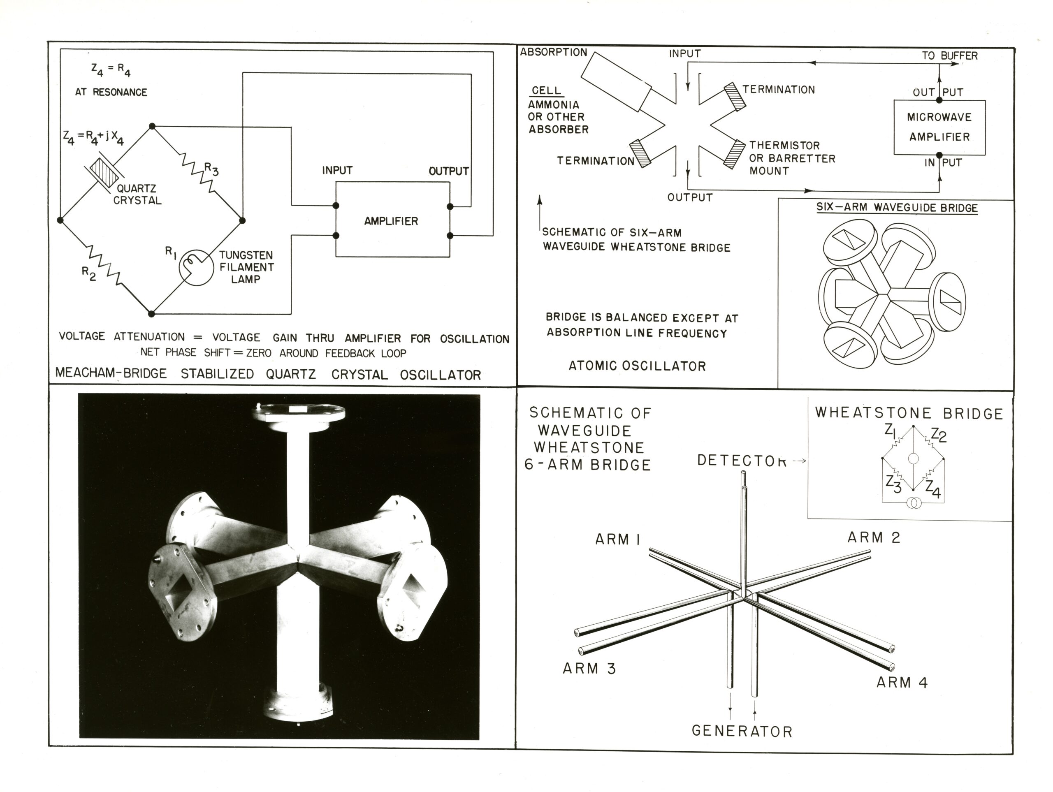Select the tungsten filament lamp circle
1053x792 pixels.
pyautogui.click(x=196, y=267)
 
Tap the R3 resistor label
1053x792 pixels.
pyautogui.click(x=211, y=169)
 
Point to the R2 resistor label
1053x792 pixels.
pyautogui.click(x=89, y=273)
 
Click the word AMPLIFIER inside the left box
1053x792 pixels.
pyautogui.click(x=391, y=221)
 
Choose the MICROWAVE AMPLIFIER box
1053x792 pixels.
pyautogui.click(x=939, y=127)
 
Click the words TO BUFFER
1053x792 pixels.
pyautogui.click(x=949, y=56)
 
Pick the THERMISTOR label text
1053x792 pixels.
pyautogui.click(x=784, y=145)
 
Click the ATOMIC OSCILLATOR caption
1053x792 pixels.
pyautogui.click(x=637, y=366)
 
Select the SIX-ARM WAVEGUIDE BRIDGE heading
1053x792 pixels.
pyautogui.click(x=897, y=208)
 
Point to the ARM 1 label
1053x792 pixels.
pyautogui.click(x=617, y=539)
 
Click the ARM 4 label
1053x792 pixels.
pyautogui.click(x=902, y=683)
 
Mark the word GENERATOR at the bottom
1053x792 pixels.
pyautogui.click(x=742, y=731)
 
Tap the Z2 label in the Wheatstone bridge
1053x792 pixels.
pyautogui.click(x=938, y=435)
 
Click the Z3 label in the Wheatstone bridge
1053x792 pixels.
pyautogui.click(x=893, y=484)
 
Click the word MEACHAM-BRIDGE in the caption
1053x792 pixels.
pyautogui.click(x=111, y=373)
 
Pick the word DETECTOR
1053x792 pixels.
pyautogui.click(x=741, y=460)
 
